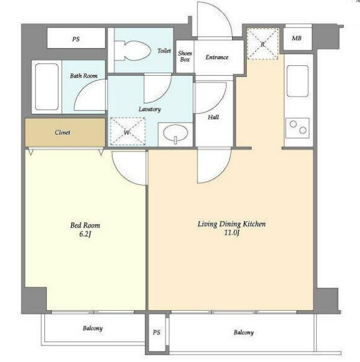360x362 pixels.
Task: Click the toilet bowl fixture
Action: pyautogui.click(x=133, y=50)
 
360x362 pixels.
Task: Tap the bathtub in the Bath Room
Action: pyautogui.click(x=47, y=87)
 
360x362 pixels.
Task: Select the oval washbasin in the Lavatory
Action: pyautogui.click(x=175, y=134)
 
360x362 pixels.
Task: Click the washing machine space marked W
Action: pyautogui.click(x=127, y=132)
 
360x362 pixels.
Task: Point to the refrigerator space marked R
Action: pyautogui.click(x=263, y=43)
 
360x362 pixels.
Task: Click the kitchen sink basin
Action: pyautogui.click(x=298, y=81)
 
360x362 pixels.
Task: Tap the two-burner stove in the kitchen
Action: pyautogui.click(x=298, y=128)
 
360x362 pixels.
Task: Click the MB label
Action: pyautogui.click(x=297, y=38)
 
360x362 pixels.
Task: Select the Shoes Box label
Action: pyautogui.click(x=185, y=57)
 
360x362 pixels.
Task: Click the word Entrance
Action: pyautogui.click(x=217, y=57)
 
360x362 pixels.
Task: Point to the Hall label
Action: pyautogui.click(x=213, y=117)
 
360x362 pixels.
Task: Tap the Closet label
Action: pyautogui.click(x=63, y=132)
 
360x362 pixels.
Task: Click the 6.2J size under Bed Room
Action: pyautogui.click(x=86, y=235)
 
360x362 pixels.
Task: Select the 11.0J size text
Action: pyautogui.click(x=231, y=233)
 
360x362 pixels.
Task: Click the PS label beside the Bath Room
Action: pyautogui.click(x=76, y=39)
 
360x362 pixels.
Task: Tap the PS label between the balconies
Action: pyautogui.click(x=156, y=332)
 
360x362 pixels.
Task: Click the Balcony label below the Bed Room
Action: pyautogui.click(x=93, y=328)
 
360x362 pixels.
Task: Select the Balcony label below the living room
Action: pyautogui.click(x=244, y=332)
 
